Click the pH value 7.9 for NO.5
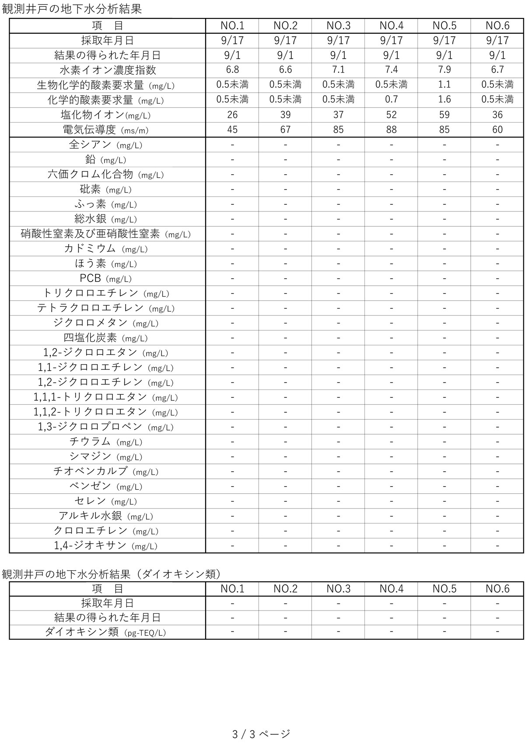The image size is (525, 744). coord(444,70)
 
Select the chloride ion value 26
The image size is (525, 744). coord(232,115)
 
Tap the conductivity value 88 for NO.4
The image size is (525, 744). coord(391,130)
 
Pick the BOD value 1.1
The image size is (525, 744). coord(444,84)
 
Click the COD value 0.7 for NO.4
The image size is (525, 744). coord(391,99)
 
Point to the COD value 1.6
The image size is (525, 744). coord(444,99)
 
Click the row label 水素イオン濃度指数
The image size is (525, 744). coord(108,70)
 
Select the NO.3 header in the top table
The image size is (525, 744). coord(338,26)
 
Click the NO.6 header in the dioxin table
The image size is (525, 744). coord(497,589)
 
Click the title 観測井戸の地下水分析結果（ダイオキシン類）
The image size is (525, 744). coord(112,574)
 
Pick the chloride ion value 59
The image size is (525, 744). coord(444,115)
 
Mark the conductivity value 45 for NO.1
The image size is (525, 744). coord(232,130)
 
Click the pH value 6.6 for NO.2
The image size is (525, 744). coord(285,70)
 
